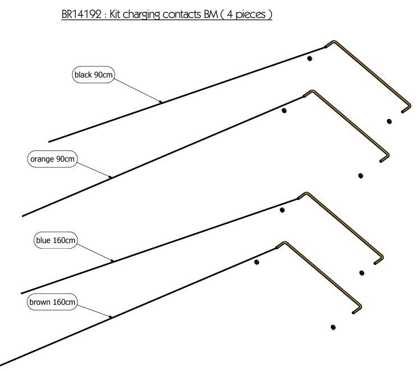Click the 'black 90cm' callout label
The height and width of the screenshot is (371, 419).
[94, 75]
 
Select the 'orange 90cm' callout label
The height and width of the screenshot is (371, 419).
[52, 159]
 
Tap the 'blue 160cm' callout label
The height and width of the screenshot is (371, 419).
[56, 240]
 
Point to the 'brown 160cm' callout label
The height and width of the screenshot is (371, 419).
[52, 302]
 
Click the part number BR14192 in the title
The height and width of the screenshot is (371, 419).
[81, 14]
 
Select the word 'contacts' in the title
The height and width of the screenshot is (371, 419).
[181, 15]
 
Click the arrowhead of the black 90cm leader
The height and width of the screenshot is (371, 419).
[161, 102]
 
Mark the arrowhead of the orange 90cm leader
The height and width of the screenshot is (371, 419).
[110, 177]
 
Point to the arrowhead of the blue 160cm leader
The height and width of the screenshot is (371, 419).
[112, 260]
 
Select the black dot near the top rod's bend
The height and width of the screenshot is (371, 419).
[309, 58]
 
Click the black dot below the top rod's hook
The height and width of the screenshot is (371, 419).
[389, 122]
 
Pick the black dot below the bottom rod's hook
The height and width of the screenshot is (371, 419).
[333, 327]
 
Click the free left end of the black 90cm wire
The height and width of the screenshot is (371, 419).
[49, 141]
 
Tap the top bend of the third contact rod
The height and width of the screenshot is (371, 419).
[306, 194]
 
